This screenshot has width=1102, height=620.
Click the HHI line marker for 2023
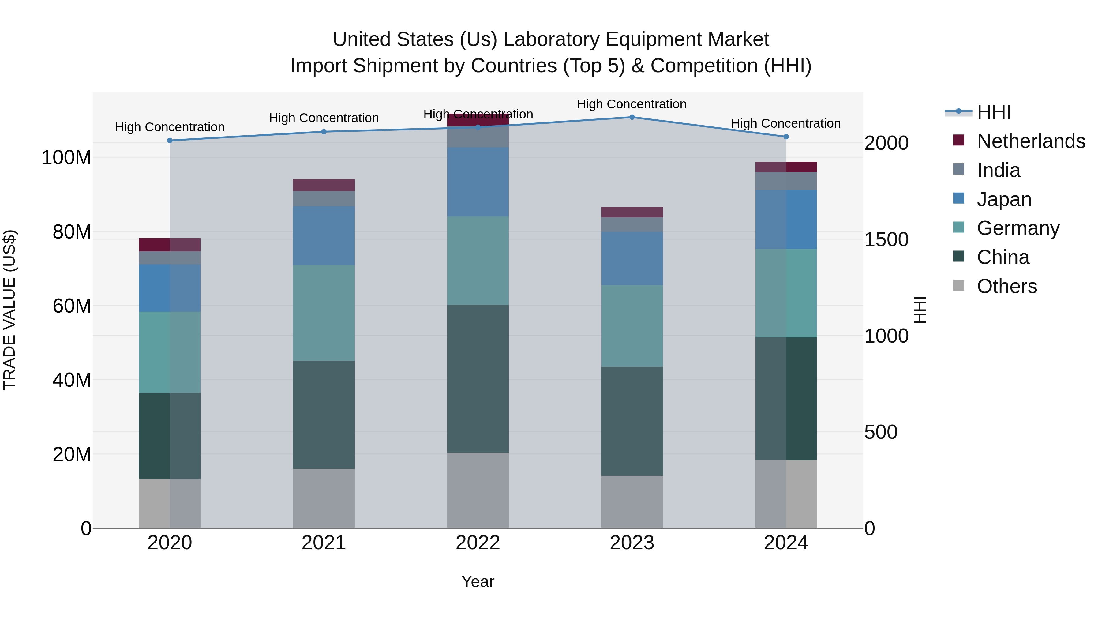pyautogui.click(x=632, y=117)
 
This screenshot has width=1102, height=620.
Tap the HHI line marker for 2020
pyautogui.click(x=170, y=140)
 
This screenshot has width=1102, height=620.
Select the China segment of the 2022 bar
pyautogui.click(x=478, y=379)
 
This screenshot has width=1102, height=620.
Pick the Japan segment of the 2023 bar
pyautogui.click(x=632, y=258)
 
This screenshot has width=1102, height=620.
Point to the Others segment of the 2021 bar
pyautogui.click(x=324, y=498)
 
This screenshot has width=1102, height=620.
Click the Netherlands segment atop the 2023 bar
pyautogui.click(x=632, y=212)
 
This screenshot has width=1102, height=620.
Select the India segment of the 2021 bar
pyautogui.click(x=324, y=198)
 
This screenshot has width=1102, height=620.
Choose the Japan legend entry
pyautogui.click(x=1004, y=199)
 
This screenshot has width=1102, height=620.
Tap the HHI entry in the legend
pyautogui.click(x=994, y=112)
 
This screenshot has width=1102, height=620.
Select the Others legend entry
pyautogui.click(x=1006, y=286)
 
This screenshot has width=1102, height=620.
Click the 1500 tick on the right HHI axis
pyautogui.click(x=886, y=240)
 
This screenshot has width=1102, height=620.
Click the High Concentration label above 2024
pyautogui.click(x=786, y=123)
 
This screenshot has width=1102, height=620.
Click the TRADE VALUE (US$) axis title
pyautogui.click(x=9, y=310)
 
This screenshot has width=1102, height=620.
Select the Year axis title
pyautogui.click(x=478, y=581)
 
